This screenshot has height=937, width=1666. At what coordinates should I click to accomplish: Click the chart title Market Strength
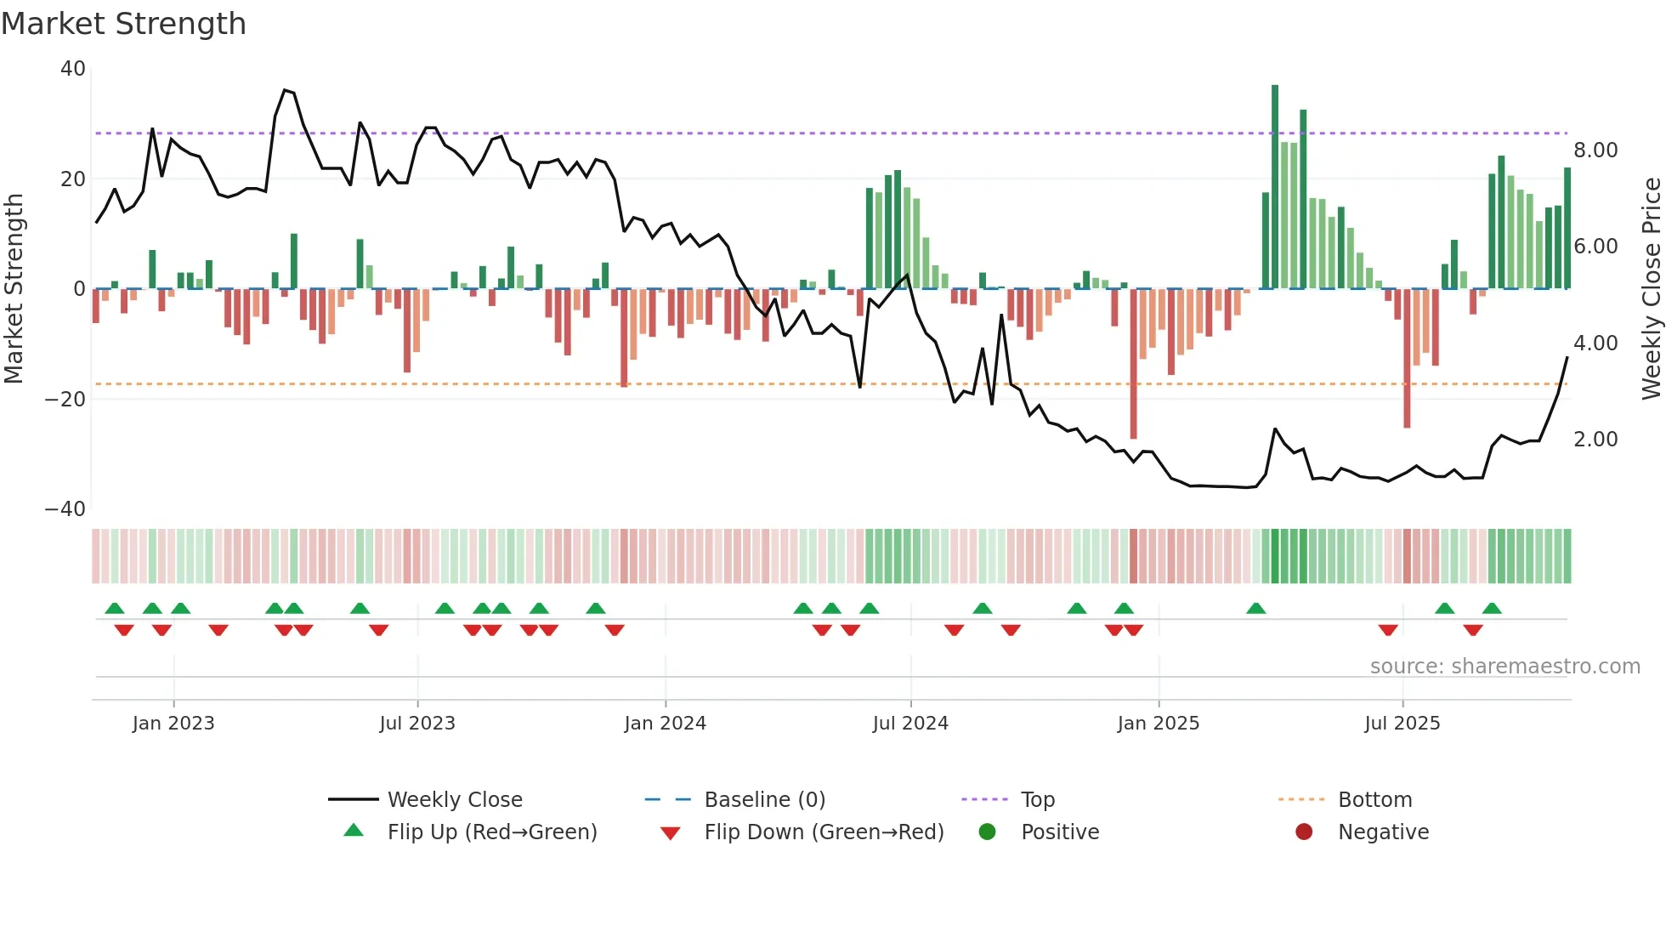point(123,24)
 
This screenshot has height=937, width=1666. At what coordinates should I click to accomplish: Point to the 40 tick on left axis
point(73,69)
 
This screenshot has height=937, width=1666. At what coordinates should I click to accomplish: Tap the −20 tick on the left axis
point(65,400)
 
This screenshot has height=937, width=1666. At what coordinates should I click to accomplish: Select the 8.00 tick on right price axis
point(1595,150)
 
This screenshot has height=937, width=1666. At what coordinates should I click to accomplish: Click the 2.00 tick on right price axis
point(1595,440)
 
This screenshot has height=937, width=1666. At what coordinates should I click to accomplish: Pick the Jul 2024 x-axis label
point(910,724)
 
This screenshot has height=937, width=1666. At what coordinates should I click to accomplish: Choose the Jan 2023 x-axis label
point(173,724)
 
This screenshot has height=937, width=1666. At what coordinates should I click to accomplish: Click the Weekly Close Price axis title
point(1651,288)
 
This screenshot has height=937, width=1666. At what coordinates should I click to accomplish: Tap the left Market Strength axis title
point(14,288)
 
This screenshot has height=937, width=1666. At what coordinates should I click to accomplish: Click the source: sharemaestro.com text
point(1504,667)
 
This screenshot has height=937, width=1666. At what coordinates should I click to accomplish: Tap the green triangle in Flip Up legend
point(354,831)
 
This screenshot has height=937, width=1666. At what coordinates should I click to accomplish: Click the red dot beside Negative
point(1304,832)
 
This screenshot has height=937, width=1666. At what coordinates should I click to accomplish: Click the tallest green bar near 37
point(1275,187)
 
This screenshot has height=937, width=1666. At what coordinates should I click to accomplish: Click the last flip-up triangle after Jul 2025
point(1492,608)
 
